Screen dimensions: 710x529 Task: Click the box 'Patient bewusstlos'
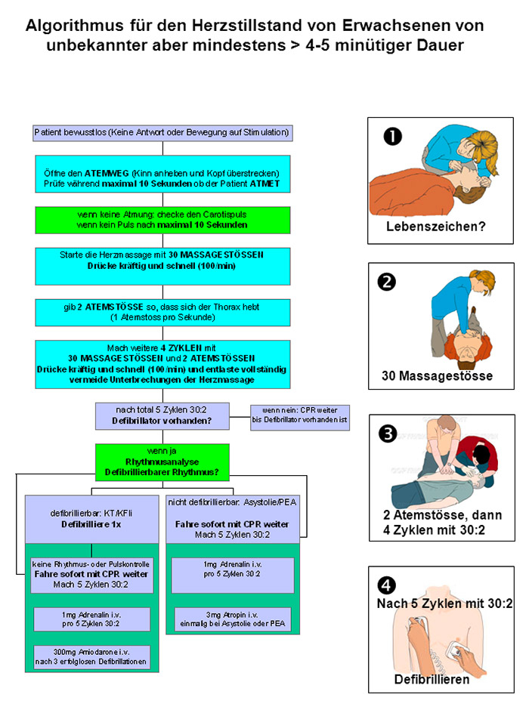[162, 133]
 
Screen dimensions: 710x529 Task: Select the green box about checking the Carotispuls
[162, 220]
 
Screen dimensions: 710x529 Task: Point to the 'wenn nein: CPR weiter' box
[300, 418]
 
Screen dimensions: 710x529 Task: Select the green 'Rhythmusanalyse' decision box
[162, 460]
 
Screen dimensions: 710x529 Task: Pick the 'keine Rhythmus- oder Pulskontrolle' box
[91, 574]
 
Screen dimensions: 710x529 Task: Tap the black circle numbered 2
[387, 282]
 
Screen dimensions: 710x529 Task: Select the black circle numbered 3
[388, 433]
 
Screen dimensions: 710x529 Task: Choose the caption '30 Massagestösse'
[438, 375]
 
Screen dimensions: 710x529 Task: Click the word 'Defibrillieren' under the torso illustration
[432, 679]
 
